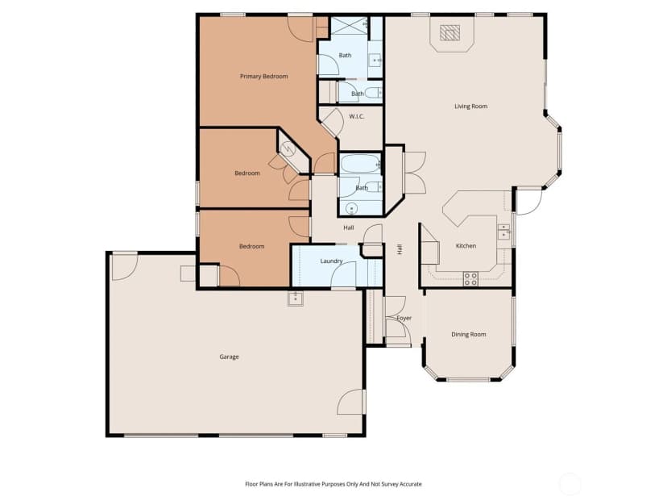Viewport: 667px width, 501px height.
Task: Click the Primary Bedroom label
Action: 263,77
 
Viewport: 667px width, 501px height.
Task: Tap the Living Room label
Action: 471,106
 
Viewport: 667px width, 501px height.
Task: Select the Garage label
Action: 229,357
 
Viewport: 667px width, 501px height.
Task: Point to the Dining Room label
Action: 468,335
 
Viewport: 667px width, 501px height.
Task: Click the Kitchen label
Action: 466,246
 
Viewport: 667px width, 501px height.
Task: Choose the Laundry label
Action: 331,261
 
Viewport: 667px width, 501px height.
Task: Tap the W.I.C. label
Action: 357,116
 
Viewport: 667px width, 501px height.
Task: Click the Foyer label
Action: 404,318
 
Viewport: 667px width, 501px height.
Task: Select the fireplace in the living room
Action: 449,33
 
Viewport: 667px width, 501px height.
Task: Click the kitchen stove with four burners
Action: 470,278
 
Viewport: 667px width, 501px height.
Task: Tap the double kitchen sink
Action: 503,231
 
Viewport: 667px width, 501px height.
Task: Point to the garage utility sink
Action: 295,299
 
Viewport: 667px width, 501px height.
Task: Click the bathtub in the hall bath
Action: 360,164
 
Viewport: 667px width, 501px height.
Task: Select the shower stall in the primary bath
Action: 349,26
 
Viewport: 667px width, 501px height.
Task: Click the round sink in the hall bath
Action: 351,209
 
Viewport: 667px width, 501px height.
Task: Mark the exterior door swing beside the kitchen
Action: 528,201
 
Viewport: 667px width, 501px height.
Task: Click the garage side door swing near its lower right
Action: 351,402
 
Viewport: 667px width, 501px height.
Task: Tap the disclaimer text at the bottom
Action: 333,484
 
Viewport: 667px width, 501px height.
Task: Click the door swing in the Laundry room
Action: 343,274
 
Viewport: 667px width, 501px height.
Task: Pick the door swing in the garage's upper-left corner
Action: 124,268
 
